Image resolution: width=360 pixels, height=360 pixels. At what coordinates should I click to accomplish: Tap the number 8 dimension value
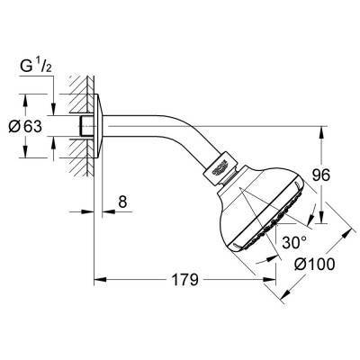123,203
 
